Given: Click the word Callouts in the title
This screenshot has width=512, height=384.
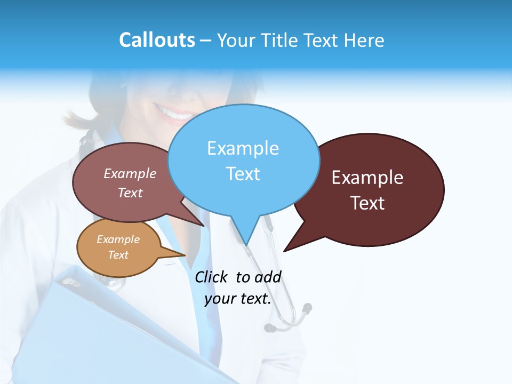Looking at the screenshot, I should click(157, 40).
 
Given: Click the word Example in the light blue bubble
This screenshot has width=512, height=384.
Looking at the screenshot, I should click(243, 148).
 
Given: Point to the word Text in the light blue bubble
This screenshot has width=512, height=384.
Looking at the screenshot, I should click(243, 174).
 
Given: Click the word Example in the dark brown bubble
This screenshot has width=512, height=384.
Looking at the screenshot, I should click(367, 178).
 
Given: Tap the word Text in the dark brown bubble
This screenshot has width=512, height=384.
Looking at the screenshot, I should click(367, 203).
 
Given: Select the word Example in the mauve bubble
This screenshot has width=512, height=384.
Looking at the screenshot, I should click(130, 174).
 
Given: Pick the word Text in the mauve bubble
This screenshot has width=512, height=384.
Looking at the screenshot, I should click(130, 193).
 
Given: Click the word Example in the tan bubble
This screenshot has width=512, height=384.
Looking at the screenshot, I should click(118, 239).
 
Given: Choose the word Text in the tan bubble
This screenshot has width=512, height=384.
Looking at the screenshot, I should click(118, 255).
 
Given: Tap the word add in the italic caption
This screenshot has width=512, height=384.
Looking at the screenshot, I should click(267, 277).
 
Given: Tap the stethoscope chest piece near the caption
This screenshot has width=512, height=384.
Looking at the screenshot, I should click(306, 308).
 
